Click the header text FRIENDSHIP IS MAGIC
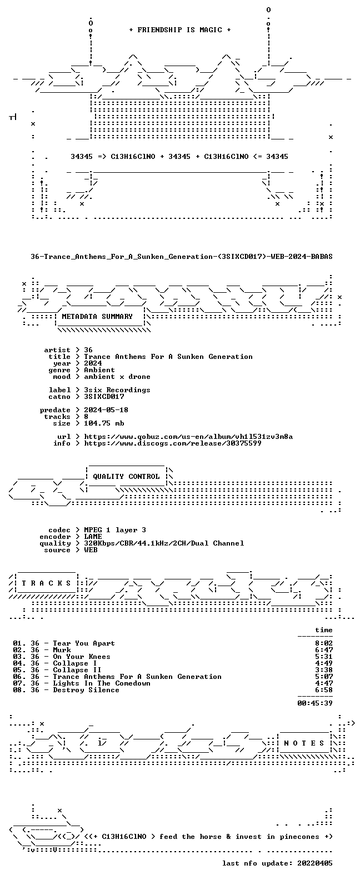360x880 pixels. pyautogui.click(x=180, y=30)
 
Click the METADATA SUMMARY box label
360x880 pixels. pyautogui.click(x=97, y=317)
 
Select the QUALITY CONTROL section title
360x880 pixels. pyautogui.click(x=126, y=477)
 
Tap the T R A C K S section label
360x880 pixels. pyautogui.click(x=46, y=583)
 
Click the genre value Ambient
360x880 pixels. pyautogui.click(x=99, y=370)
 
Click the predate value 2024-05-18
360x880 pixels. pyautogui.click(x=106, y=410)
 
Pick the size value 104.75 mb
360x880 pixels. pyautogui.click(x=104, y=423)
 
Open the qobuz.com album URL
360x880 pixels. pyautogui.click(x=188, y=437)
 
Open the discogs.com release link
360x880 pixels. pyautogui.click(x=173, y=443)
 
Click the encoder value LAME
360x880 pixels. pyautogui.click(x=93, y=537)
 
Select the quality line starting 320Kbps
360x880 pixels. pyautogui.click(x=164, y=543)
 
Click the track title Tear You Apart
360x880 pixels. pyautogui.click(x=84, y=643)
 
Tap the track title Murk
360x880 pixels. pyautogui.click(x=62, y=650)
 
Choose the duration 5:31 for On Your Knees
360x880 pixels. pyautogui.click(x=324, y=657)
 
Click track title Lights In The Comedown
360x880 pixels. pyautogui.click(x=102, y=683)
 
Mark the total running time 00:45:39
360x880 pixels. pyautogui.click(x=315, y=703)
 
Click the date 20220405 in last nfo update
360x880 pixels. pyautogui.click(x=315, y=863)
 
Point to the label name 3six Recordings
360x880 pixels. pyautogui.click(x=117, y=390)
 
